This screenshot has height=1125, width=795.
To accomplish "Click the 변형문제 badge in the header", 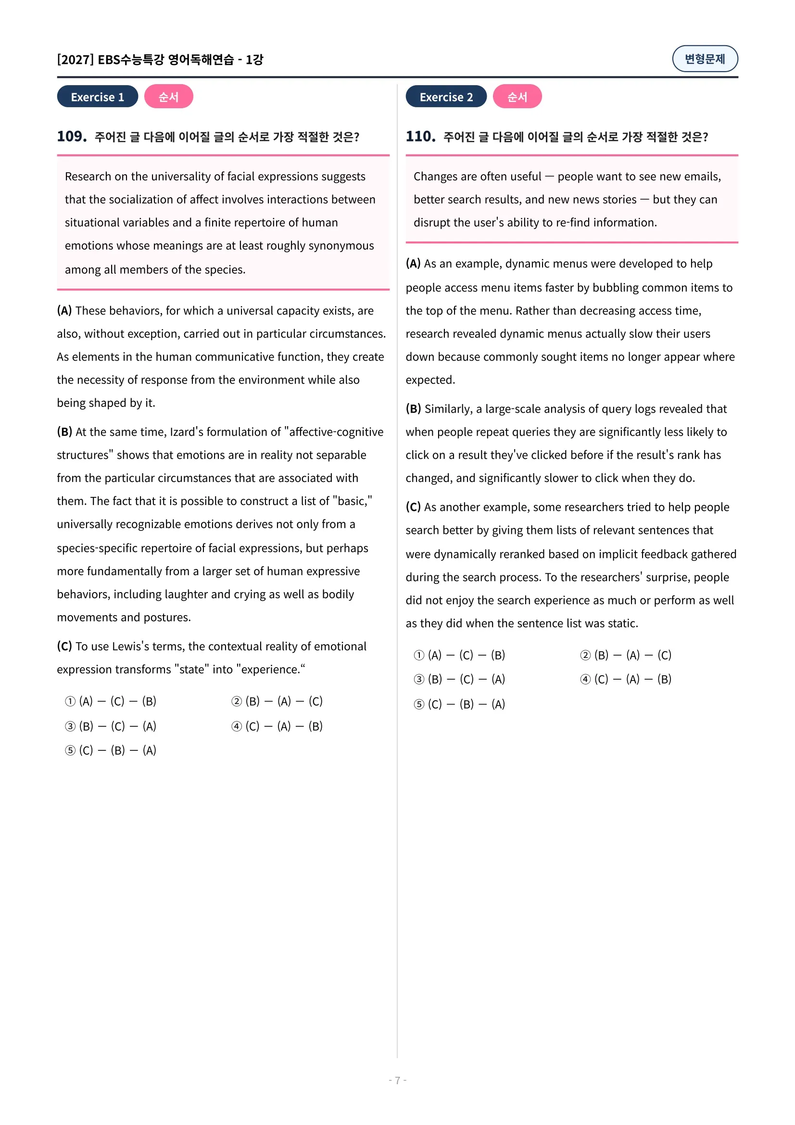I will [x=705, y=59].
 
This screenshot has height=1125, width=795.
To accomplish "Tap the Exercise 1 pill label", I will [x=98, y=97].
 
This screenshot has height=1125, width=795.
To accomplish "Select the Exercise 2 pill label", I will [x=446, y=97].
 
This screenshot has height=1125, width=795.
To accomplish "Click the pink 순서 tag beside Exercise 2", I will [x=517, y=97].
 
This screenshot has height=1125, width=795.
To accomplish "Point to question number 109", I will [x=72, y=136].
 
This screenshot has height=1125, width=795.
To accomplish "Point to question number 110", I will [x=420, y=136].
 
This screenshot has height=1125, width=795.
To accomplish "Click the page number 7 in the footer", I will [x=397, y=1080].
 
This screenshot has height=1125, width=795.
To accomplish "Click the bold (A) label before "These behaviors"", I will [x=64, y=311].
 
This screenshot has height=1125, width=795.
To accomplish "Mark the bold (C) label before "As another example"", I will [x=413, y=506].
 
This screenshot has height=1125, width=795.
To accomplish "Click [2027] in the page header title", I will [x=76, y=59].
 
